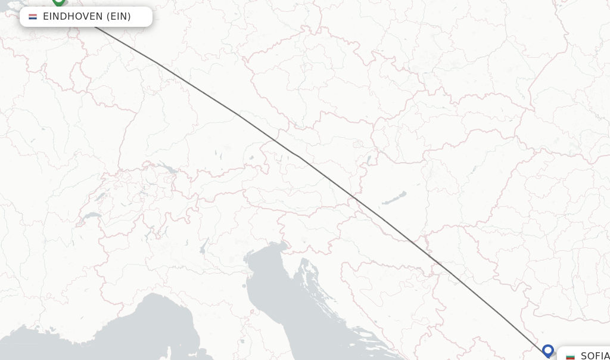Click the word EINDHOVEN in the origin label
click(73, 16)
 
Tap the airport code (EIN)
click(119, 16)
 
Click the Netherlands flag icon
click(33, 17)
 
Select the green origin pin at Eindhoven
click(58, 2)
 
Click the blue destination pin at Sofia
click(548, 350)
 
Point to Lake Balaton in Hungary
click(394, 198)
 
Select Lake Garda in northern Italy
click(204, 245)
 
